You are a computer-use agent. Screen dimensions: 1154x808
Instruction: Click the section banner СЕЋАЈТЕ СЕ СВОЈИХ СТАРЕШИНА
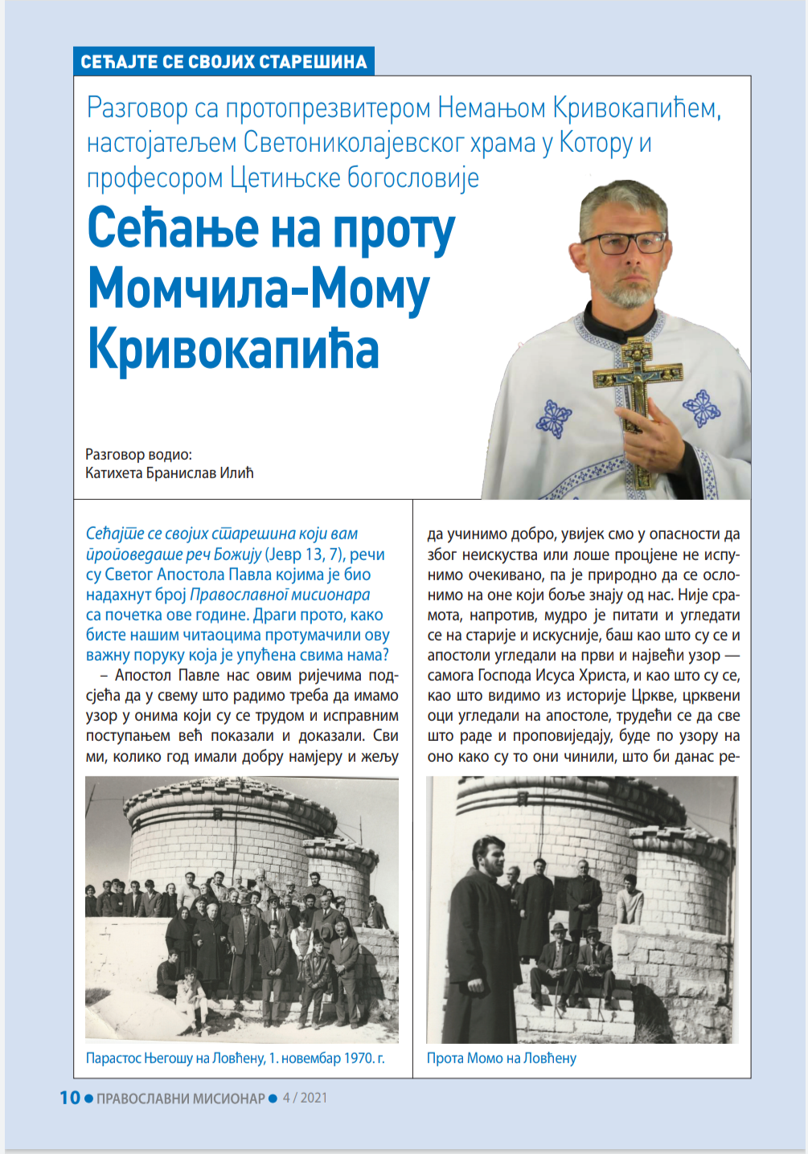point(224,62)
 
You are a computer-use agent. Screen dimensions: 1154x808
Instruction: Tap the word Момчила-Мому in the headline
point(259,289)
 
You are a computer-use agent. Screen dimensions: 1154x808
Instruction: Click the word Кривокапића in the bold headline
point(233,349)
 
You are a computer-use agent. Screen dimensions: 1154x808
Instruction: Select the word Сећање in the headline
point(173,229)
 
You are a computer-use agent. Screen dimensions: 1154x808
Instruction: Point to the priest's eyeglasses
point(624,243)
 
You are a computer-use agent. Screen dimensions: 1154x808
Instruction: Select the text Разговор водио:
point(139,454)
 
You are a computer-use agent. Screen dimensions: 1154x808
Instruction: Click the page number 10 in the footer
point(70,1098)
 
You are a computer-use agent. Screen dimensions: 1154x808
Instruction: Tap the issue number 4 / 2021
point(305,1098)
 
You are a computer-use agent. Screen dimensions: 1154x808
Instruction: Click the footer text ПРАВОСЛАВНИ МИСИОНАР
point(180,1099)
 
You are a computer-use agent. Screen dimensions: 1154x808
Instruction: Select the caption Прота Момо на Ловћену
point(502,1058)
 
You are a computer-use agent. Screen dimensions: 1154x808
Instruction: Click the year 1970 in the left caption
point(358,1058)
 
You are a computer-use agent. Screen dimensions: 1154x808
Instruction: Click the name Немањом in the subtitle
point(492,108)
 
